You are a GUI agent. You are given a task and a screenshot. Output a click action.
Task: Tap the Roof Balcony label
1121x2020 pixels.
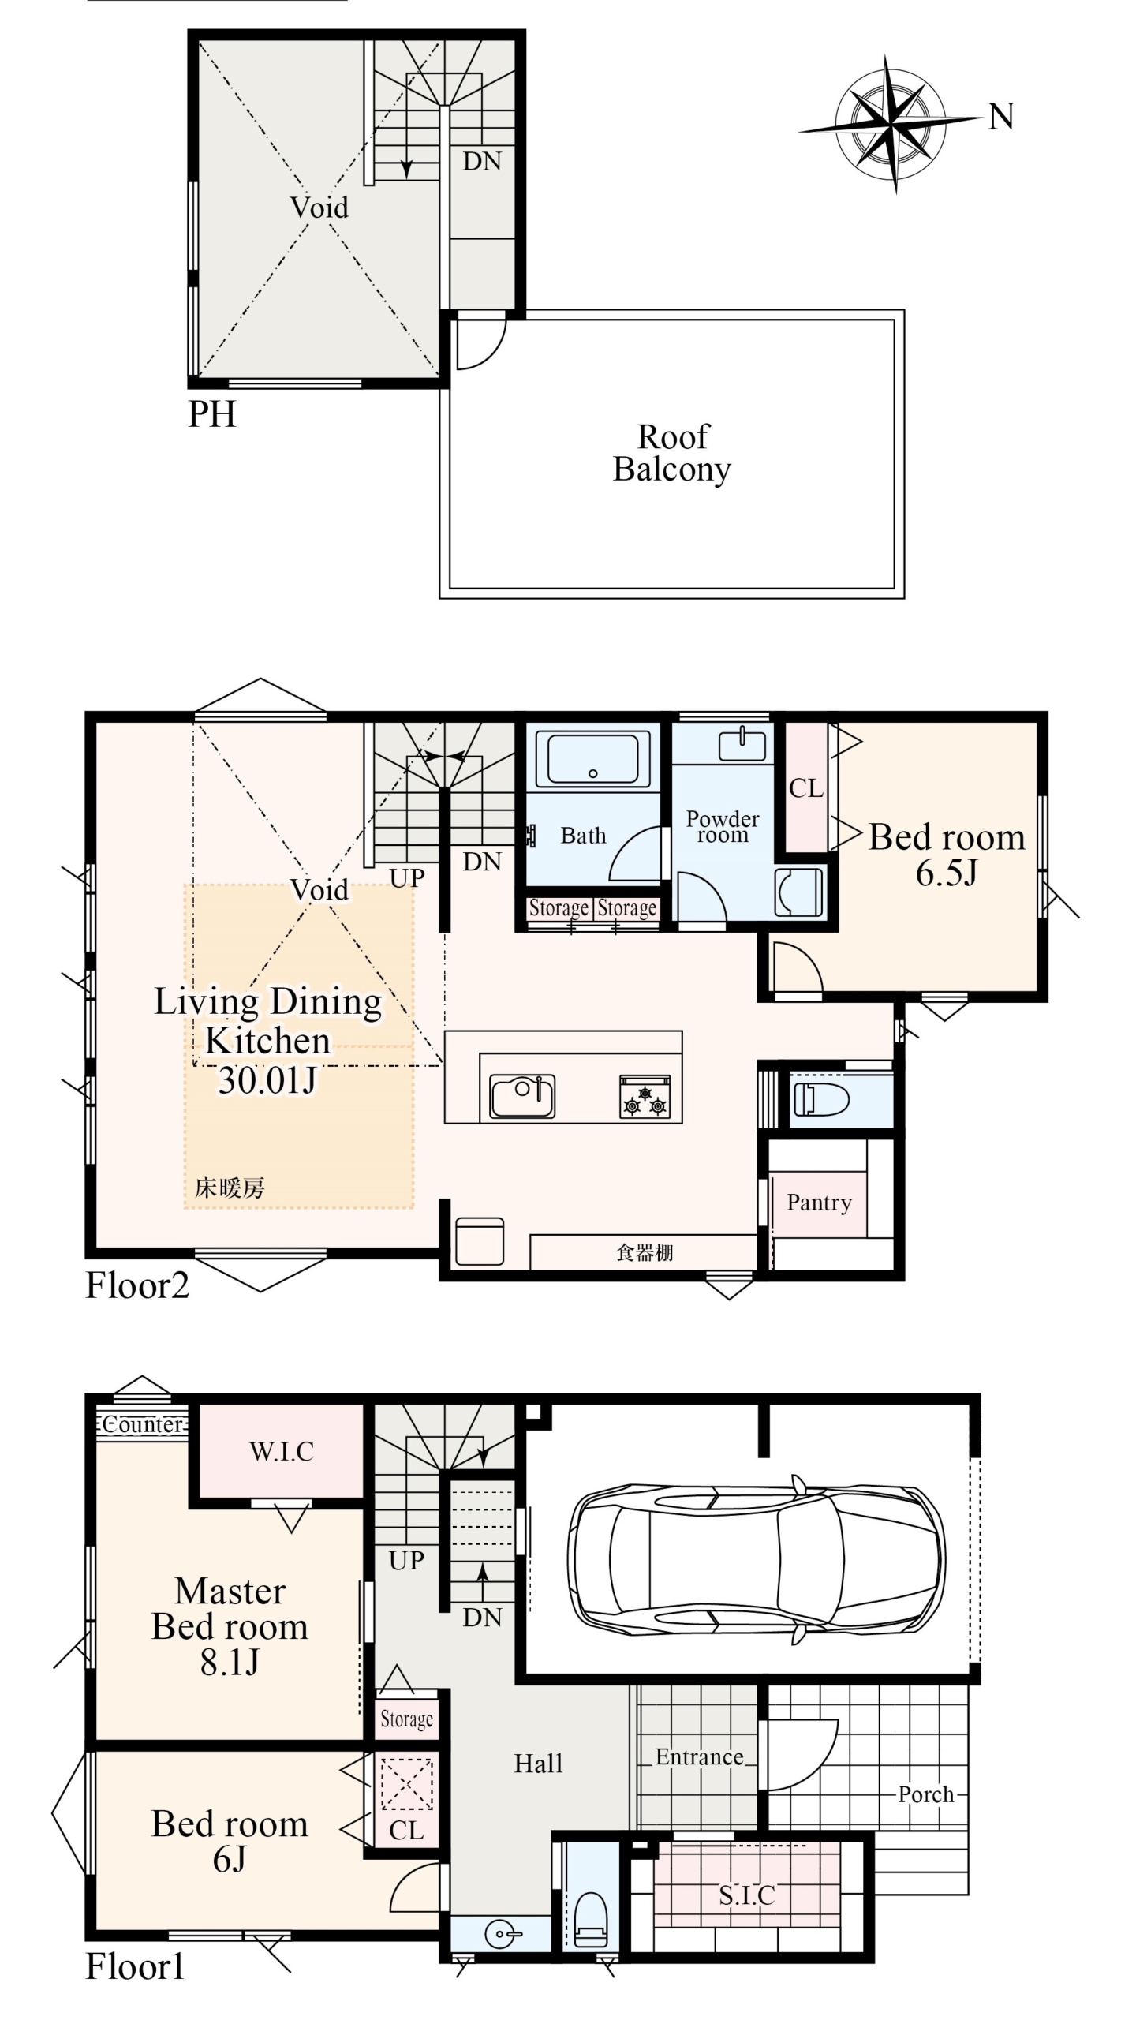[672, 453]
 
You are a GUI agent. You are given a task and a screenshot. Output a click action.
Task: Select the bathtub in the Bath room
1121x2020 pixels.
[587, 758]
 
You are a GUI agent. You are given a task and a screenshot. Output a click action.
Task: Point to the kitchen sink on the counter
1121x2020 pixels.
[522, 1096]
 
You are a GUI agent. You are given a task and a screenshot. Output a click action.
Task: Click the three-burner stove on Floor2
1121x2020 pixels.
[645, 1096]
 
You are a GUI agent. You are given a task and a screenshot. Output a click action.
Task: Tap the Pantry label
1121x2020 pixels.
[819, 1203]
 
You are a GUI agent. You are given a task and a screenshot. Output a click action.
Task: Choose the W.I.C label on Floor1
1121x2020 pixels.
[282, 1451]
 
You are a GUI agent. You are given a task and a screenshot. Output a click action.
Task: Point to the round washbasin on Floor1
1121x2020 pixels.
[502, 1934]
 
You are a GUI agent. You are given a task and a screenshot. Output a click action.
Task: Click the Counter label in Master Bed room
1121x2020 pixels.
[142, 1424]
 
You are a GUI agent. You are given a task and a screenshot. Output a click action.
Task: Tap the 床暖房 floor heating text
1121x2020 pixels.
[230, 1188]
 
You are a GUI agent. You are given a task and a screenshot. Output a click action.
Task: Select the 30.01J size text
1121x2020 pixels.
[267, 1079]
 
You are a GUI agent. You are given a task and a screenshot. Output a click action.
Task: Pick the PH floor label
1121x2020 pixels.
[211, 413]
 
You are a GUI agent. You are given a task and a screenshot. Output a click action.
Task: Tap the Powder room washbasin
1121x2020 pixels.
[742, 746]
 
